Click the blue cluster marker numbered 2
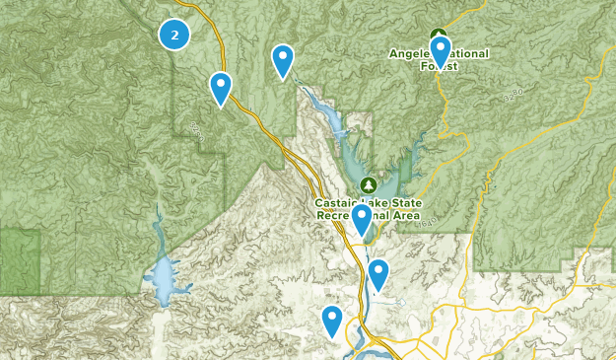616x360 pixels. (174, 35)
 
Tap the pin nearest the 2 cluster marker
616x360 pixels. (221, 88)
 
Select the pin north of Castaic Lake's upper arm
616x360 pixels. (283, 61)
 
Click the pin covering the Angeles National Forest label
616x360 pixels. (440, 51)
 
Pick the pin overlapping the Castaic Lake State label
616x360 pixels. (362, 219)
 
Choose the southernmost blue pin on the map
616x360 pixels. (332, 321)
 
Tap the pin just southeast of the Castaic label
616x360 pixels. (378, 274)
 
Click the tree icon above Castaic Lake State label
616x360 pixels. (368, 184)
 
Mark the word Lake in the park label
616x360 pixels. (367, 202)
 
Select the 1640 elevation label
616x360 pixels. (426, 227)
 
